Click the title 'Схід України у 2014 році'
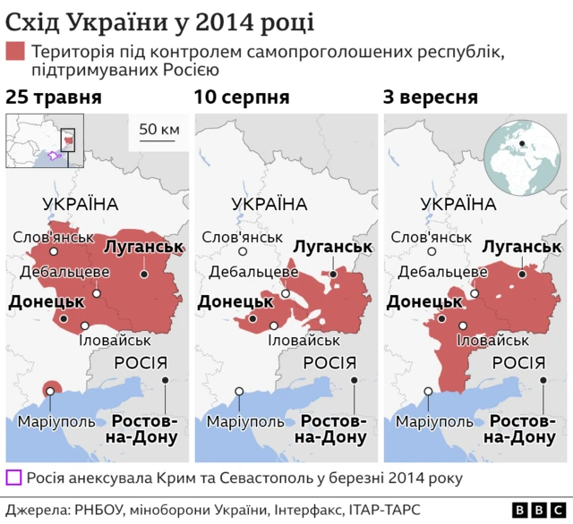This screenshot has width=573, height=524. point(160,19)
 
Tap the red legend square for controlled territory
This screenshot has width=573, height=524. point(15,52)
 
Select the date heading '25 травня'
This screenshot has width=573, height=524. point(53,97)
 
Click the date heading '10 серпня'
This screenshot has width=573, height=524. point(243,97)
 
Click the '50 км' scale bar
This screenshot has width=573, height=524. point(158,132)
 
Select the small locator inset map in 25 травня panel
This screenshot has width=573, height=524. point(45,141)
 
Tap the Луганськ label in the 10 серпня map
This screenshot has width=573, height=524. point(332,247)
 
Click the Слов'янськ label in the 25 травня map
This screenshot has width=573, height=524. point(54,237)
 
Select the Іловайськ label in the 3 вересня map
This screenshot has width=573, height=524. point(492,341)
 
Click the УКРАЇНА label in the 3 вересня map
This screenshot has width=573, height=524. point(458,204)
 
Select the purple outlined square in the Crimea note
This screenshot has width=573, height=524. point(13,478)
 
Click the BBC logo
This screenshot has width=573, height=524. point(530,509)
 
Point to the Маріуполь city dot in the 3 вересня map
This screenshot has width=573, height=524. point(429,391)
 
